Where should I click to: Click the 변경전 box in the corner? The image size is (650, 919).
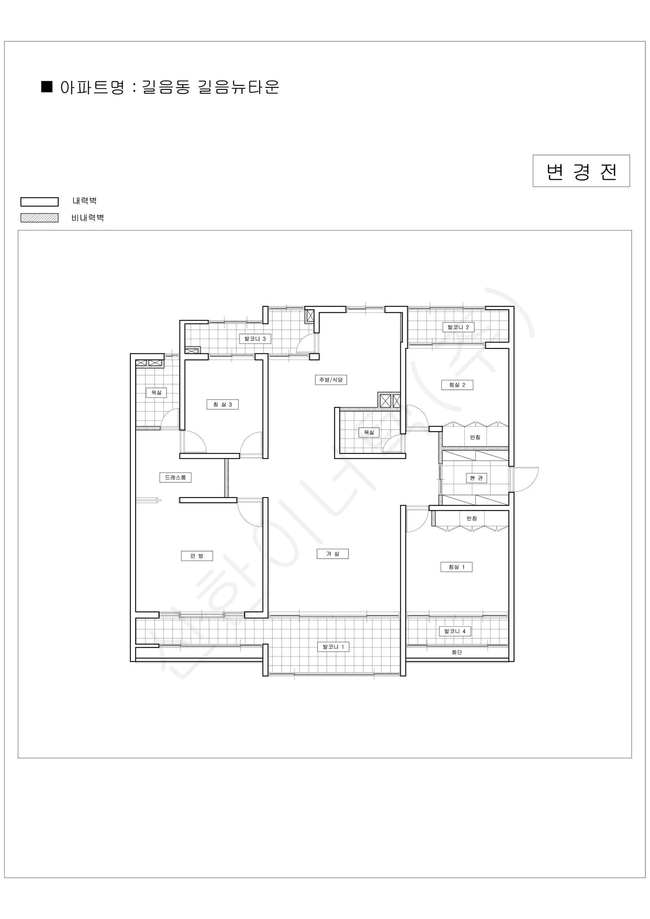[581, 171]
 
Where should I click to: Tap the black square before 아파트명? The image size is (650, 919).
[47, 87]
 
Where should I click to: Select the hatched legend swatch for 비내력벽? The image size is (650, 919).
[39, 218]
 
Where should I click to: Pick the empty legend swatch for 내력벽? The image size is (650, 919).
[39, 202]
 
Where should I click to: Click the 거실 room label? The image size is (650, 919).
[333, 554]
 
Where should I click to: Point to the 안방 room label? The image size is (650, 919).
[197, 556]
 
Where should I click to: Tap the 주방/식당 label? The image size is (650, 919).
[331, 380]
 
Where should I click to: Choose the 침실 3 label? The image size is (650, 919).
[222, 405]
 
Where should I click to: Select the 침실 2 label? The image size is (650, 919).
[457, 385]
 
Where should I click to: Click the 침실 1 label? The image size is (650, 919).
[456, 567]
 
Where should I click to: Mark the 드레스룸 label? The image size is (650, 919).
[175, 477]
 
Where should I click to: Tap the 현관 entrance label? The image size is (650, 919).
[476, 478]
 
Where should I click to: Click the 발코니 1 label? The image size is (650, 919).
[333, 647]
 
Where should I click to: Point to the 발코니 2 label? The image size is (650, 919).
[458, 327]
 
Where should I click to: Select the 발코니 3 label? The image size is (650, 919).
[255, 338]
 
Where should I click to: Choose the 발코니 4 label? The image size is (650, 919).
[455, 631]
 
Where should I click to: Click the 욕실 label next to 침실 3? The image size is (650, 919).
[156, 392]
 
